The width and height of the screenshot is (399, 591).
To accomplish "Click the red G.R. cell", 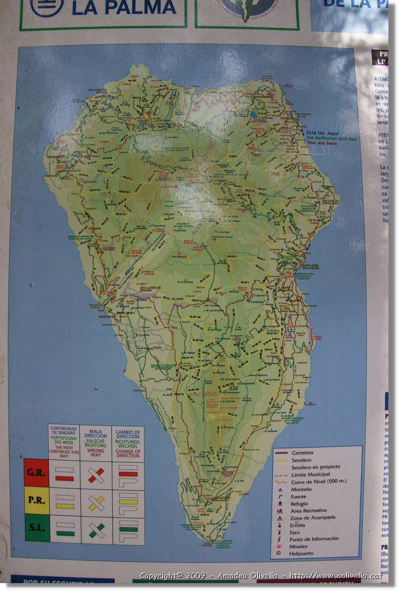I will [x=36, y=472].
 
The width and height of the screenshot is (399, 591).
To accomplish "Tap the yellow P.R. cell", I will [x=37, y=501].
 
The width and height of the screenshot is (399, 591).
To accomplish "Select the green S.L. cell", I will [x=37, y=528].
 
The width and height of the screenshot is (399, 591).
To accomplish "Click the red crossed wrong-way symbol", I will [x=96, y=475].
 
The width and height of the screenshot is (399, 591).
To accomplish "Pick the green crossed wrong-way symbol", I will [x=96, y=530].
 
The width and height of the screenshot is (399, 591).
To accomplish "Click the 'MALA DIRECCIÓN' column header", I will [x=95, y=443].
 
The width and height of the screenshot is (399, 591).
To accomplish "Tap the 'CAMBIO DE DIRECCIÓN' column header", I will [x=128, y=444].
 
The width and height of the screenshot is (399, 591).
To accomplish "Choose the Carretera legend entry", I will [x=302, y=453].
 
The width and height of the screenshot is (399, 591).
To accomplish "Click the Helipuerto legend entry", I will [x=301, y=554].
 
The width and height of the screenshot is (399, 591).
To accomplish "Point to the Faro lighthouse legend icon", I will [x=280, y=532].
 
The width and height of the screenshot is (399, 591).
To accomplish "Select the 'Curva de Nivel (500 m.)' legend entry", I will [x=319, y=481].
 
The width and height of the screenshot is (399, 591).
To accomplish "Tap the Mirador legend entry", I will [x=298, y=546].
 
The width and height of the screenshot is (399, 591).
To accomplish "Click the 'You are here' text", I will [x=322, y=143].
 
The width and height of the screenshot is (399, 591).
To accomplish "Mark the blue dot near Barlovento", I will [x=252, y=114].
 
